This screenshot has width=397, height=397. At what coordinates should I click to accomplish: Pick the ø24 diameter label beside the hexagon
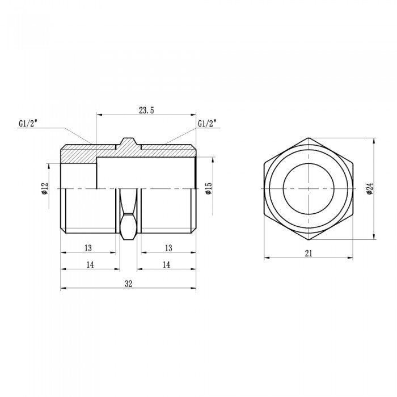369,189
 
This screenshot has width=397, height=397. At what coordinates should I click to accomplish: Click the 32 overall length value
128,284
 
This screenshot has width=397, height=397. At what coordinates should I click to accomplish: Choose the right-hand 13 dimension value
168,248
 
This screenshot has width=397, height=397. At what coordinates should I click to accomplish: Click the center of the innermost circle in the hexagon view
309,188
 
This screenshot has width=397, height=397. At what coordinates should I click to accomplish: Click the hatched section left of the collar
79,153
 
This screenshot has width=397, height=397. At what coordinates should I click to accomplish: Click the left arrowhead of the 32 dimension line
63,289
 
